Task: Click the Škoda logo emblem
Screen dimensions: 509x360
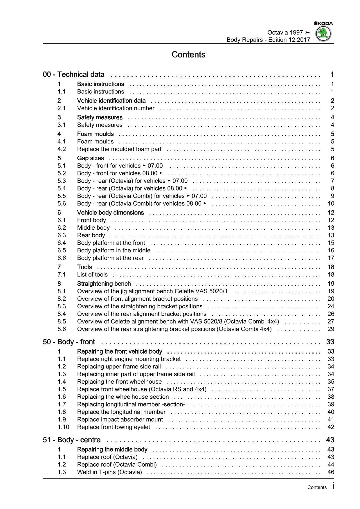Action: tap(323, 34)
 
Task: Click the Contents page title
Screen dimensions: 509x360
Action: tap(188, 55)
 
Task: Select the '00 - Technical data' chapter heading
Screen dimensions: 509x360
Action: tap(74, 75)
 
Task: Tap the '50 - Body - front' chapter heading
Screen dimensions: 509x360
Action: tap(69, 342)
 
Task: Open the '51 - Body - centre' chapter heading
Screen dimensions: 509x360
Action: tap(72, 440)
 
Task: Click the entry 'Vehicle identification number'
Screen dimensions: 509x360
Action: tap(116, 108)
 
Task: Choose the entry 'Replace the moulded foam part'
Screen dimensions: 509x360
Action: tap(119, 149)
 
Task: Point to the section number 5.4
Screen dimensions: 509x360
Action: tap(62, 188)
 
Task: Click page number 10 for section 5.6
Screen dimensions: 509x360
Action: tap(331, 204)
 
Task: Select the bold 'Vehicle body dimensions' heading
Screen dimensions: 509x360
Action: tap(110, 213)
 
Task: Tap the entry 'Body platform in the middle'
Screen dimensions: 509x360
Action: tap(114, 251)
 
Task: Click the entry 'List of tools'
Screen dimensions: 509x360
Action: tap(92, 275)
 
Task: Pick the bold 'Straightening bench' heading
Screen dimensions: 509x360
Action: tap(104, 284)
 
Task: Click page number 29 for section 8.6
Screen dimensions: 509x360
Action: tap(331, 329)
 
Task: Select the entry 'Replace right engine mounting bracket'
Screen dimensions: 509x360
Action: tap(129, 359)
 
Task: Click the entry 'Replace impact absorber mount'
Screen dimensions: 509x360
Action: tap(120, 420)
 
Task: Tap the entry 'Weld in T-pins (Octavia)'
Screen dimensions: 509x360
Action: tap(109, 472)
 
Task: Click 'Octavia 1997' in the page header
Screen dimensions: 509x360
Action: tap(285, 33)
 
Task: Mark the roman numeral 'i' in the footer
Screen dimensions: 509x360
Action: tap(333, 486)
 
